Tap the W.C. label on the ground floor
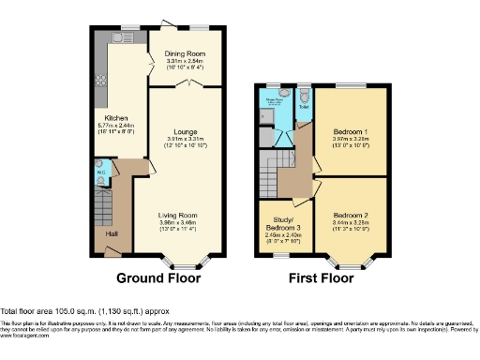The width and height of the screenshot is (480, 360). point(100,173)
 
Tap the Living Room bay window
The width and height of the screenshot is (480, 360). point(179,257)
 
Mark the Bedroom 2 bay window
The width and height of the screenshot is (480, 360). point(350,257)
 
